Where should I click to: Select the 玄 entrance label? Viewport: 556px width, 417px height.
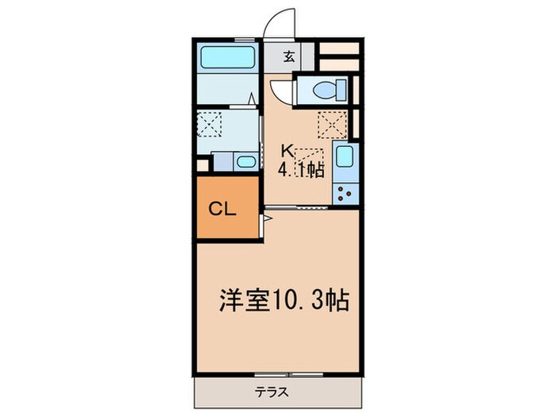pyautogui.click(x=290, y=57)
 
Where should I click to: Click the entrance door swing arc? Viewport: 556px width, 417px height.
pyautogui.click(x=280, y=22)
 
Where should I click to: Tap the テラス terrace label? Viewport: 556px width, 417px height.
pyautogui.click(x=272, y=392)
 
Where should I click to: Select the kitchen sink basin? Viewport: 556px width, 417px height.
pyautogui.click(x=345, y=159)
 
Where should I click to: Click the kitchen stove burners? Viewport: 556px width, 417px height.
pyautogui.click(x=345, y=193)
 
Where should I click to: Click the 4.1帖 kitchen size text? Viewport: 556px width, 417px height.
pyautogui.click(x=300, y=169)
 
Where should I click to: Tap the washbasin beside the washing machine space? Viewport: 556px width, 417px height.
pyautogui.click(x=244, y=162)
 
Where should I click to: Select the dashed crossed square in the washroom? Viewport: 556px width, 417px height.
pyautogui.click(x=210, y=125)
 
